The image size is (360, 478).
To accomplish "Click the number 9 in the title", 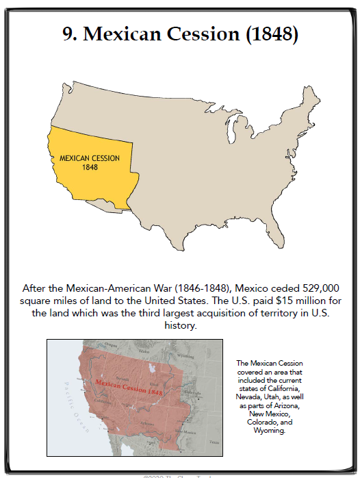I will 69,35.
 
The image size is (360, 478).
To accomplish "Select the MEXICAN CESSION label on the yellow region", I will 90,158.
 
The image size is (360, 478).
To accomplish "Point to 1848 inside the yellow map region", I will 90,167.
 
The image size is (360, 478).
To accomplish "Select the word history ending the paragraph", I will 181,327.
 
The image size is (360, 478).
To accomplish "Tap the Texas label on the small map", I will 214,442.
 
